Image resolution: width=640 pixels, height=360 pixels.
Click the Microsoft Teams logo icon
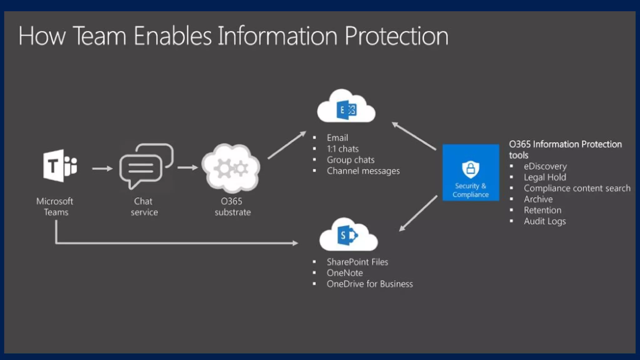pyautogui.click(x=60, y=166)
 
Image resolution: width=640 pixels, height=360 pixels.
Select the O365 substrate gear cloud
pyautogui.click(x=231, y=168)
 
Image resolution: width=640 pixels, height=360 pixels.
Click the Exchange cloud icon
pyautogui.click(x=346, y=108)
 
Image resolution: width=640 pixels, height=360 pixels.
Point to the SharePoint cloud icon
pyautogui.click(x=348, y=236)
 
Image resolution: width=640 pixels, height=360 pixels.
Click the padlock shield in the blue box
pyautogui.click(x=470, y=169)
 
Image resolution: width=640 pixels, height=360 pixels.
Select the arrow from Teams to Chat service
pyautogui.click(x=102, y=168)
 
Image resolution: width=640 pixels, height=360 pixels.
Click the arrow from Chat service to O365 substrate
pyautogui.click(x=187, y=167)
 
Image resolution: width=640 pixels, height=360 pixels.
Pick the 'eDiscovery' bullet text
pyautogui.click(x=545, y=166)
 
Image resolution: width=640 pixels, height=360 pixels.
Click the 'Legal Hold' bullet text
pyautogui.click(x=545, y=177)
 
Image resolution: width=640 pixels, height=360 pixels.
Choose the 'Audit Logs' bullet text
pyautogui.click(x=545, y=221)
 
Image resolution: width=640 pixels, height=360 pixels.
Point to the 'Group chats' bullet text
pyautogui.click(x=350, y=160)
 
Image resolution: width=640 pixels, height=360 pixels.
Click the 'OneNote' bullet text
pyautogui.click(x=345, y=273)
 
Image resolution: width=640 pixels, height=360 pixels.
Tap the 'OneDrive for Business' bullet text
pyautogui.click(x=370, y=284)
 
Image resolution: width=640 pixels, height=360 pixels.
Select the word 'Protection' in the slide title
pyautogui.click(x=396, y=36)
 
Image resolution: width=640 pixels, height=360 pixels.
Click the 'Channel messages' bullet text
pyautogui.click(x=363, y=171)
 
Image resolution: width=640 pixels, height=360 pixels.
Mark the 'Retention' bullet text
pyautogui.click(x=542, y=210)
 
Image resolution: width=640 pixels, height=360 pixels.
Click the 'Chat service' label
pyautogui.click(x=144, y=207)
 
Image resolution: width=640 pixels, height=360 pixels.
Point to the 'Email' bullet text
pyautogui.click(x=337, y=138)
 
